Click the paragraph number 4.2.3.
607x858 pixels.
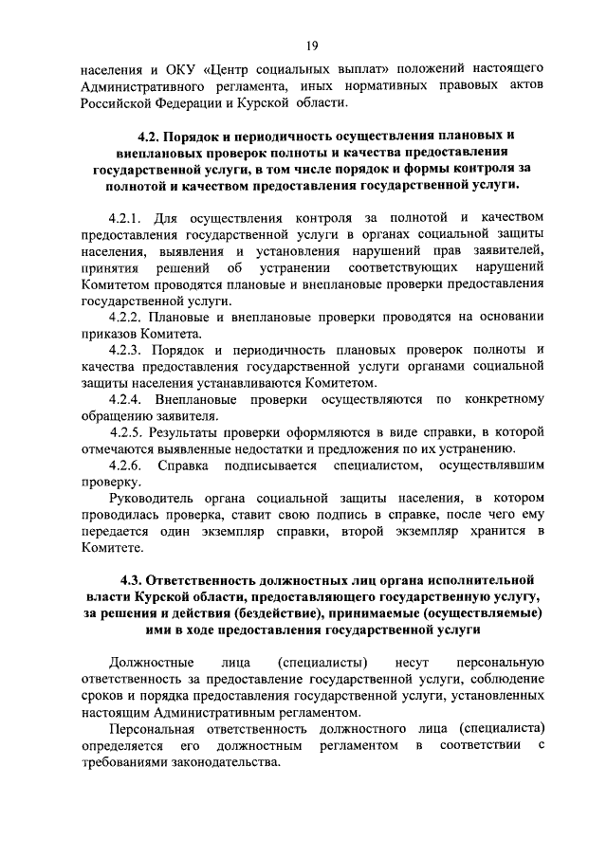coord(126,350)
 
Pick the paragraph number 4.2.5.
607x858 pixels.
coord(126,432)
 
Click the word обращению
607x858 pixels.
coord(118,415)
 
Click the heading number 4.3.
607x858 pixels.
coord(132,578)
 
